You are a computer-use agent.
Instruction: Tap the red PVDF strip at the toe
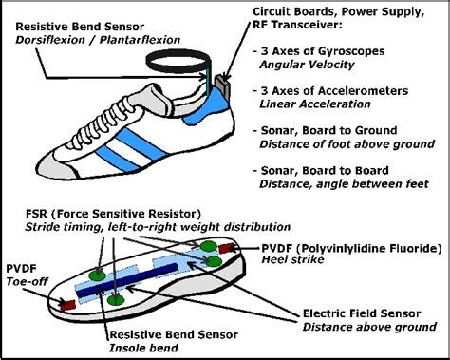pyautogui.click(x=68, y=305)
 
